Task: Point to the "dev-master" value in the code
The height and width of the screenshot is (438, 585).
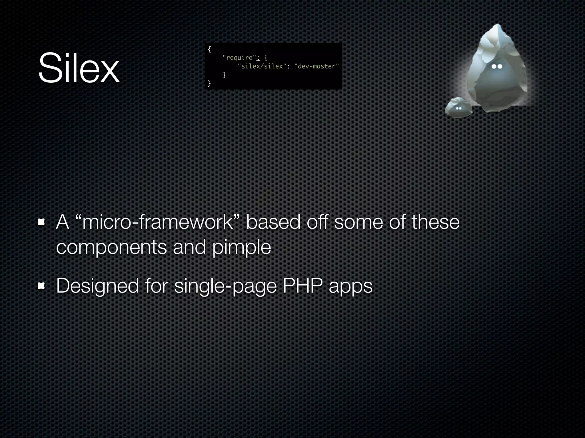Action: point(316,66)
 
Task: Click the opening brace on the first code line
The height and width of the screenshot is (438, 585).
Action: point(209,49)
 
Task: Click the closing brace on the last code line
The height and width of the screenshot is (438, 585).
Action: point(209,83)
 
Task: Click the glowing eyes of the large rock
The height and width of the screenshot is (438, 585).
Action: point(497,66)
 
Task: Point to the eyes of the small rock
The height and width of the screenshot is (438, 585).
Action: point(459,108)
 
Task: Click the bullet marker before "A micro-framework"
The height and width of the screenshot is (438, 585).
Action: point(42,222)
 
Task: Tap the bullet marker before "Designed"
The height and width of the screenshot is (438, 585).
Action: point(42,286)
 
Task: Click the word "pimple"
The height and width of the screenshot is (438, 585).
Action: point(242,247)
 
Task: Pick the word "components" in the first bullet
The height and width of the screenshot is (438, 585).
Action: point(111,247)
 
